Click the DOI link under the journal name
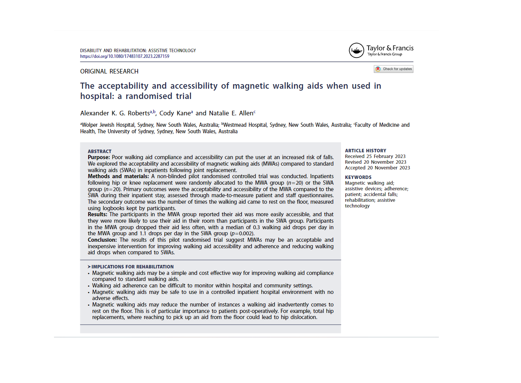point(125,56)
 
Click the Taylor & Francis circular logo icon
point(356,50)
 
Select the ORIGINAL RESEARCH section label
point(109,72)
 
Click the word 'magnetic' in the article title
point(251,86)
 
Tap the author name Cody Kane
point(175,113)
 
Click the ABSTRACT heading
point(100,152)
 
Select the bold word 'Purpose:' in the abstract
point(99,158)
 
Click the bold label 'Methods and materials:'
point(118,177)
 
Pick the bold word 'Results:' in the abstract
point(97,215)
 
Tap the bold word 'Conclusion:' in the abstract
point(102,240)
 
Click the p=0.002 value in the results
point(242,234)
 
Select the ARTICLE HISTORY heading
point(365,151)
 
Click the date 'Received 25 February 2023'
point(375,156)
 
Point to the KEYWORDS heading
point(358,177)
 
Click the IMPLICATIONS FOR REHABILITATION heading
point(132,267)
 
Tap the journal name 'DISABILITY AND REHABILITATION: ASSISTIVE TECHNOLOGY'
point(138,51)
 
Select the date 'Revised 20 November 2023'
point(375,162)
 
